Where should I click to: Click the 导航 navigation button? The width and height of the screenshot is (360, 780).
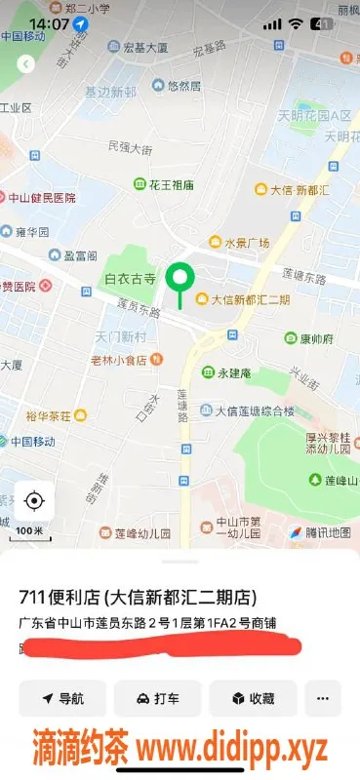pos(62,698)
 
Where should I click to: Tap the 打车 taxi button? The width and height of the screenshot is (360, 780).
pos(157,698)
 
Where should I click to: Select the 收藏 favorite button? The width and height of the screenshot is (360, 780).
pos(253,698)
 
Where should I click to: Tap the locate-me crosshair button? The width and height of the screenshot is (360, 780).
pos(34,501)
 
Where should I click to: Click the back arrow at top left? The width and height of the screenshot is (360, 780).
pos(26,63)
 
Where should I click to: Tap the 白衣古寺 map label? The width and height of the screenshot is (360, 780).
pos(131,279)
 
